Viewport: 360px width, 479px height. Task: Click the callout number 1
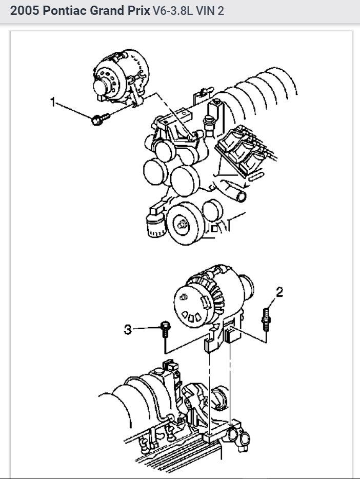pos(52,103)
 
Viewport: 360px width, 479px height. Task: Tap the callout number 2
pos(279,292)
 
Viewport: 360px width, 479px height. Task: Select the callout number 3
pos(128,330)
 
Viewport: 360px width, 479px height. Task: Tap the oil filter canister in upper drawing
pos(154,224)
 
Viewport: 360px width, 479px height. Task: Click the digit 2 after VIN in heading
pos(221,11)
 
